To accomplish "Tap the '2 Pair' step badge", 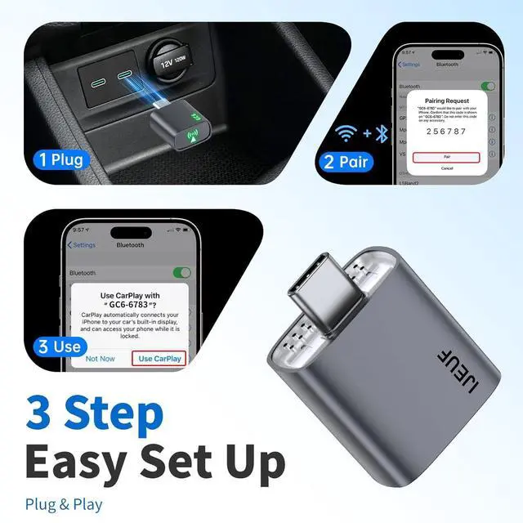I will [345, 161].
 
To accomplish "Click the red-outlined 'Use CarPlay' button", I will [160, 358].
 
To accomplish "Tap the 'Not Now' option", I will [101, 358].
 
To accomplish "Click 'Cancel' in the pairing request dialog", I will [446, 168].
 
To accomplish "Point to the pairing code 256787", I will [446, 131].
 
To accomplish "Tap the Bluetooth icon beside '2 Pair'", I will [380, 132].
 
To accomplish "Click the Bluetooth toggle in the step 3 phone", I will [181, 272].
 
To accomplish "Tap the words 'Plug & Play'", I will [65, 504].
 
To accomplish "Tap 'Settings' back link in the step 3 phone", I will [82, 245].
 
